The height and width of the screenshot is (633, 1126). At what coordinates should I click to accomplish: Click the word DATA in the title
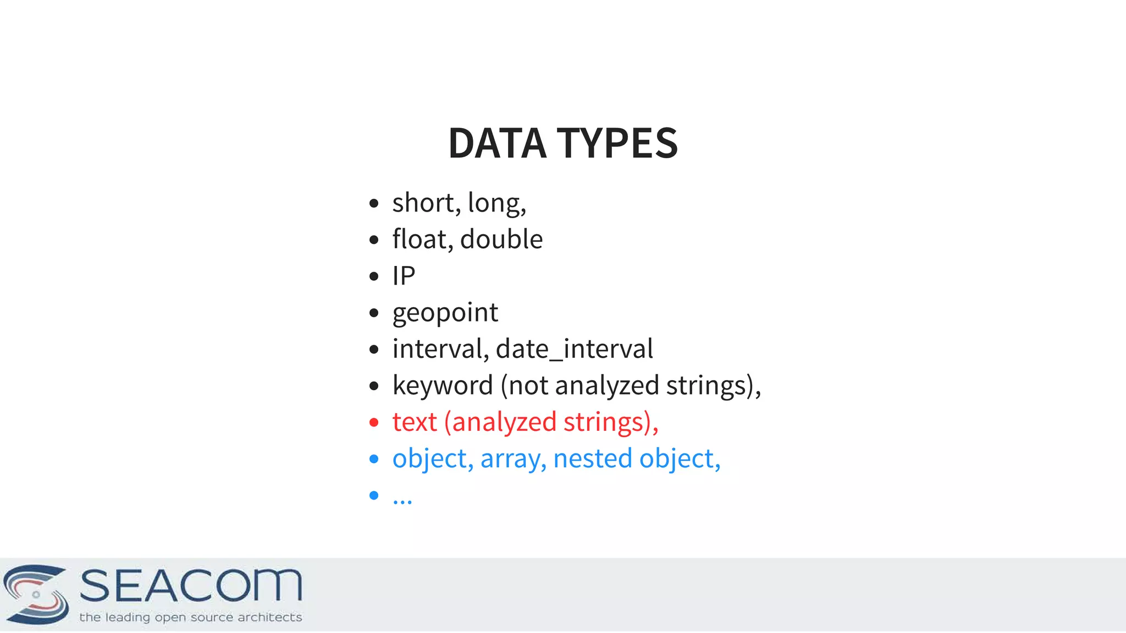(x=497, y=143)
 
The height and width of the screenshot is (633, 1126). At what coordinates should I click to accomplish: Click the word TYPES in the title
(x=617, y=143)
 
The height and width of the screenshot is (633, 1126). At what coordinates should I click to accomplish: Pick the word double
(x=501, y=239)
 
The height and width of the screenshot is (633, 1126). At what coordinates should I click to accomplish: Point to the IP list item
(x=404, y=276)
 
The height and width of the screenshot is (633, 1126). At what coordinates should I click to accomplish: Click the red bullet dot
(x=374, y=423)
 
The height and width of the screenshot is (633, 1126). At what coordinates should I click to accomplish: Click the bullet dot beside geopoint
(x=374, y=313)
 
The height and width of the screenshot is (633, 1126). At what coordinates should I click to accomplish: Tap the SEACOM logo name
(x=191, y=586)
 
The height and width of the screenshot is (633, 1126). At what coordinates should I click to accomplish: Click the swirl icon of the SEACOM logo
(x=36, y=594)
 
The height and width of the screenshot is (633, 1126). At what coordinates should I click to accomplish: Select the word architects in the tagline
(x=269, y=618)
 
